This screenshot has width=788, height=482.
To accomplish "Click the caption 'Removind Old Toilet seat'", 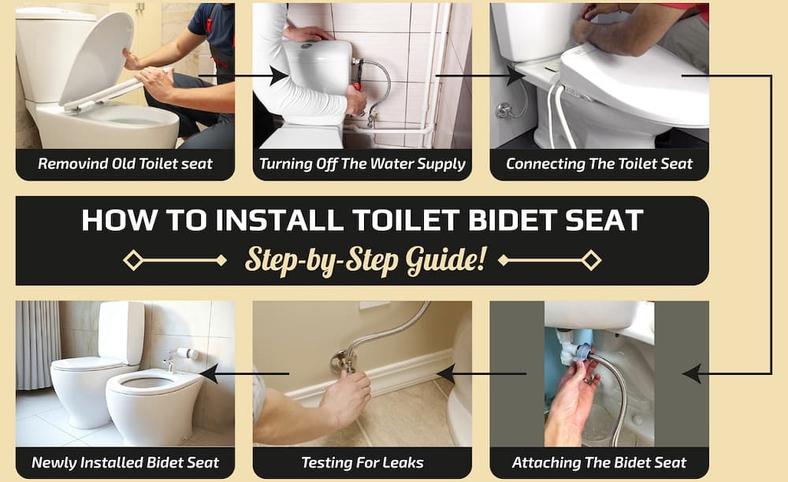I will tap(125, 165).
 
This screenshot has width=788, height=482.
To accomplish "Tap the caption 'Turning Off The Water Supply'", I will tap(362, 165).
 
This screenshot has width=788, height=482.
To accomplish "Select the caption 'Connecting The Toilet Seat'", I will tap(599, 165).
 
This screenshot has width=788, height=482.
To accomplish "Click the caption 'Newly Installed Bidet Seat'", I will tap(125, 462).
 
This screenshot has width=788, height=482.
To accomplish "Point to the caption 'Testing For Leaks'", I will tap(362, 462).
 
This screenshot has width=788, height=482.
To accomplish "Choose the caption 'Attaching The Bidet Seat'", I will tap(599, 462).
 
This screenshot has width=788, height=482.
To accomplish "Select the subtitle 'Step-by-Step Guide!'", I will tap(365, 259).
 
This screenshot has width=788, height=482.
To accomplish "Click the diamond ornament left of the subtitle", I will tap(133, 260).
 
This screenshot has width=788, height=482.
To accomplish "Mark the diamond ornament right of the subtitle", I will tap(591, 260).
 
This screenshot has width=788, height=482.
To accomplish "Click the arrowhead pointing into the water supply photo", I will tap(278, 76).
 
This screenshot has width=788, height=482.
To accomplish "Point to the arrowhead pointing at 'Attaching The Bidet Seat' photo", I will tap(692, 373).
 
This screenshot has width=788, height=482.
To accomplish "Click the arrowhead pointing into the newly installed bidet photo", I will tap(209, 373).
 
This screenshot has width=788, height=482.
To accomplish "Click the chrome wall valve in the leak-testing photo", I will tap(344, 361).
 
